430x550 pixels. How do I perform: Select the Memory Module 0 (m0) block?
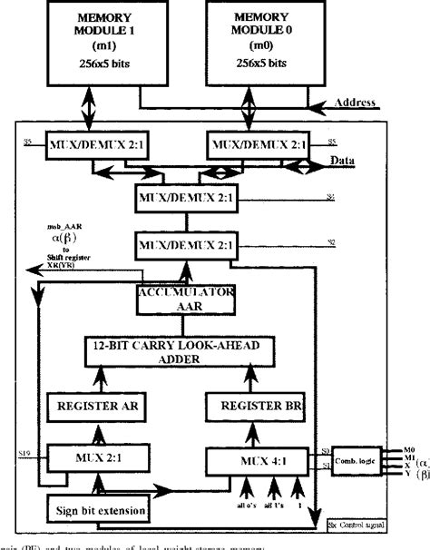[263, 41]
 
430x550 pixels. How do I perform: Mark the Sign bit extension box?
[96, 511]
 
